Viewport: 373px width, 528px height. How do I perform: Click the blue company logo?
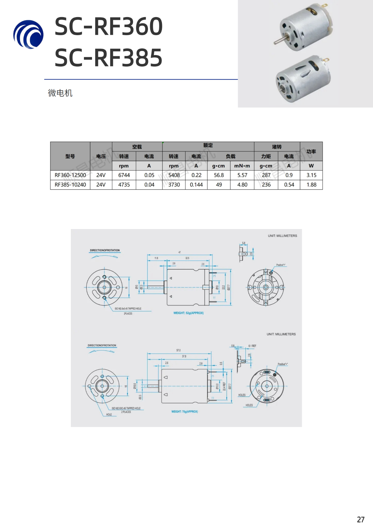pos(28,34)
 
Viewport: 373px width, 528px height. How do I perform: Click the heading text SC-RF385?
pos(108,58)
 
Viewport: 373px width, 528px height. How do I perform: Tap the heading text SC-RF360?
pos(108,26)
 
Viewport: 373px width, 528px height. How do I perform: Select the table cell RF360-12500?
pos(70,175)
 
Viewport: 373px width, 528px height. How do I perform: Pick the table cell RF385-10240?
pos(70,185)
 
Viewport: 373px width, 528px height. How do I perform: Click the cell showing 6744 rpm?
pos(124,175)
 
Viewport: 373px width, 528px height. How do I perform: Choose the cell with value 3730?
pos(174,185)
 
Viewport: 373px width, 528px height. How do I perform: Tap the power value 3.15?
pos(311,175)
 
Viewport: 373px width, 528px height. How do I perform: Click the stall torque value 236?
pos(266,185)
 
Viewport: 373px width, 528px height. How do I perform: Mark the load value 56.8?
pos(219,175)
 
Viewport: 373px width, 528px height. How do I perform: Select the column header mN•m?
pos(242,166)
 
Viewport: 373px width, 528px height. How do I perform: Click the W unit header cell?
pos(311,166)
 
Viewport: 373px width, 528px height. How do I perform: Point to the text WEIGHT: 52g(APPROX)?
pos(188,313)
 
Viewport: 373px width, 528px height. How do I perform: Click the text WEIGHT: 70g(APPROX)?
pos(185,411)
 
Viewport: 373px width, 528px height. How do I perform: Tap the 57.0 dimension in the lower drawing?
pos(178,350)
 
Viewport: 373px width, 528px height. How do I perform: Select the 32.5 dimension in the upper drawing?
pos(187,258)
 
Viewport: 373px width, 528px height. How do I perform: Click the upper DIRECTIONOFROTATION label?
pos(105,250)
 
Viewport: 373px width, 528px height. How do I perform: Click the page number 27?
pos(361,520)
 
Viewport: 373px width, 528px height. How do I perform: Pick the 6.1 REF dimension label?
pos(252,346)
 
